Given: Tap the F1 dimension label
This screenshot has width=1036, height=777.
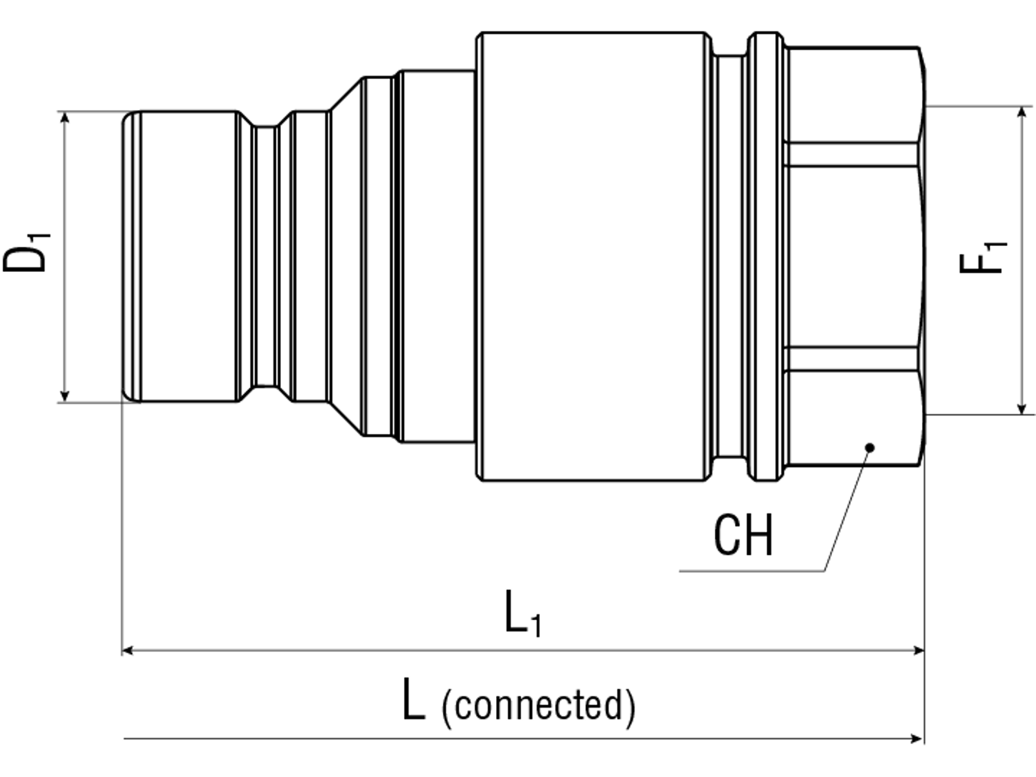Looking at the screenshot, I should [982, 256].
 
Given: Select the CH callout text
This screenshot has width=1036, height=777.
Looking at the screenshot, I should [743, 535].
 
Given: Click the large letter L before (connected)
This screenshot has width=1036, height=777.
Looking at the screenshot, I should [413, 699].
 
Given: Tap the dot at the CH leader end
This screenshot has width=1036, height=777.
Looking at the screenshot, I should [870, 447].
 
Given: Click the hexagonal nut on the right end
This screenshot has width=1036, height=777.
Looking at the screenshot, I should [853, 256].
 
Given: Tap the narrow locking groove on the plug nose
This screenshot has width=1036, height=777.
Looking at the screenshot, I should [264, 256].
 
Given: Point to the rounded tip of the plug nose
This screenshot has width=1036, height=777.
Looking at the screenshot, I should [130, 256].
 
